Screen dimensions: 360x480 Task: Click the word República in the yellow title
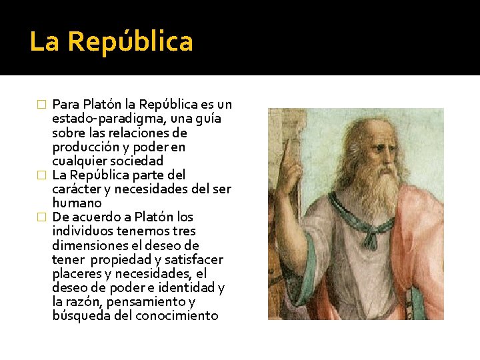(131, 42)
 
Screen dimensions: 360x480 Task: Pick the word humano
(77, 203)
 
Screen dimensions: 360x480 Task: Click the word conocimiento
(177, 315)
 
